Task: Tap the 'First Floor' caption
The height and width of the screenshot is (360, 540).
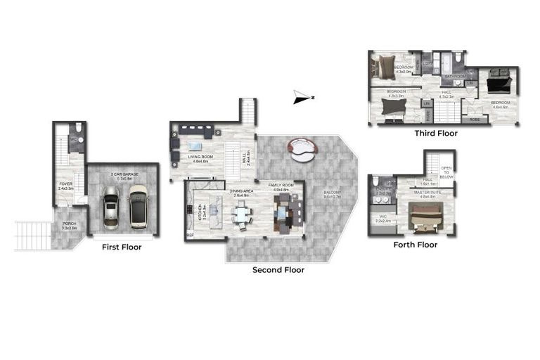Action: click(121, 247)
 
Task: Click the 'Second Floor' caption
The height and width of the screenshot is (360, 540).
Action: click(278, 269)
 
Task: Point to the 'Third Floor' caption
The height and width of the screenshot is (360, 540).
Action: click(435, 133)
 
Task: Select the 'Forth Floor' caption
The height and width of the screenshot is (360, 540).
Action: click(415, 245)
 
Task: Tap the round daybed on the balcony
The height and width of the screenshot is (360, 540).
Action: click(303, 148)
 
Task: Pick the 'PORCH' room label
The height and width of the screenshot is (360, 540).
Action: click(70, 226)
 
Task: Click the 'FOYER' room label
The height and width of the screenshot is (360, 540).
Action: click(67, 186)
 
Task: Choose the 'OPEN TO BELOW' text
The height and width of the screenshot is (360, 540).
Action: click(446, 172)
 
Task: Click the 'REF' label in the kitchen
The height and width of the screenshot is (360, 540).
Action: click(190, 236)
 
